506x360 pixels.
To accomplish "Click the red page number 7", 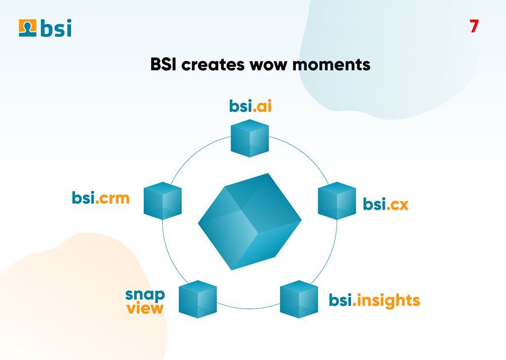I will [x=474, y=26].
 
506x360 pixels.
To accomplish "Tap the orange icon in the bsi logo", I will [x=27, y=28].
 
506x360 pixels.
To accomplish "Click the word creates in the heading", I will [x=208, y=65].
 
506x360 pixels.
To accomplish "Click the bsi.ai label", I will [x=250, y=106].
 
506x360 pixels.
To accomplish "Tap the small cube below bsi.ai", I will [x=249, y=138].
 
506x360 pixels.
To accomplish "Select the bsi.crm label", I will [x=101, y=197].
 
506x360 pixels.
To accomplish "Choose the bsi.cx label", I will [x=386, y=205].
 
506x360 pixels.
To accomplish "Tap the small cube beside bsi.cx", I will [x=336, y=201].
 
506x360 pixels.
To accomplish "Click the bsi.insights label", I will [x=374, y=300].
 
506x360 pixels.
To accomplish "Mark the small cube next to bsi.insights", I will [x=299, y=299].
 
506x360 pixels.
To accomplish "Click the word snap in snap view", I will [x=145, y=294].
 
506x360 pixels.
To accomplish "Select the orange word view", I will [x=145, y=308].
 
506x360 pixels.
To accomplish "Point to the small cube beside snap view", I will [x=198, y=299].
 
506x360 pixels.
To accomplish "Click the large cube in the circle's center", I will [x=249, y=221].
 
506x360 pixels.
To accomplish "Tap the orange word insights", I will [x=388, y=300].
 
